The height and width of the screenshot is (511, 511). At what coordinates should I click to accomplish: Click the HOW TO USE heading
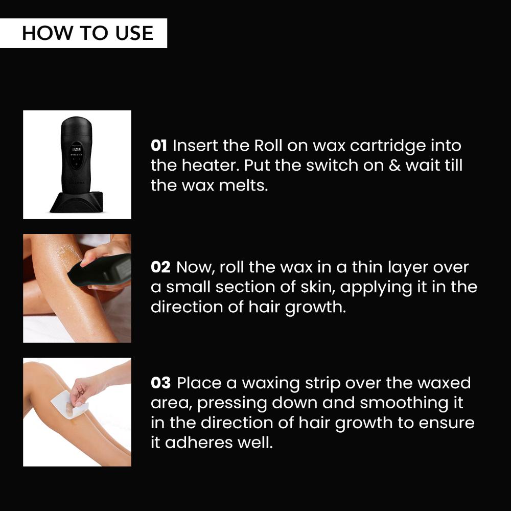[x=87, y=33]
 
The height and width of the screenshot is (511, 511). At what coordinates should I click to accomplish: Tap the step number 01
[x=159, y=146]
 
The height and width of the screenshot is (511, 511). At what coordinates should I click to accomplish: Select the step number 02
[x=161, y=267]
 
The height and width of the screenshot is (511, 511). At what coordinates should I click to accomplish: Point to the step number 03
[x=161, y=383]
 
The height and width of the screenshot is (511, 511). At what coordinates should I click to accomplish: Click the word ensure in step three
[x=445, y=423]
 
